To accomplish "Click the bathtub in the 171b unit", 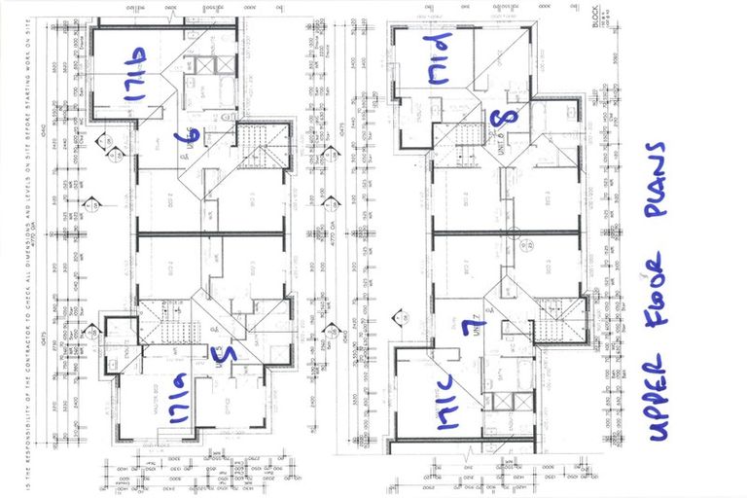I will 206,68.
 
